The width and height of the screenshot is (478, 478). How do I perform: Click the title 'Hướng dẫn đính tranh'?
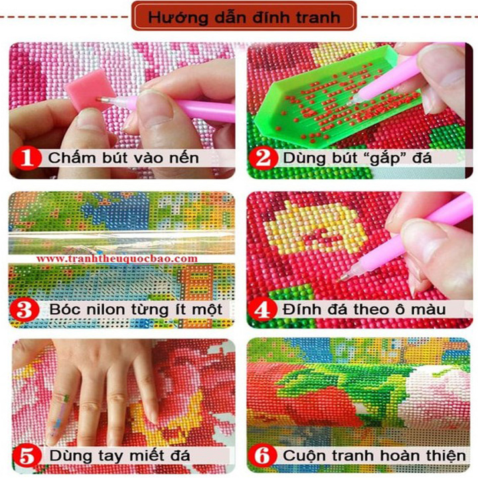(x=244, y=17)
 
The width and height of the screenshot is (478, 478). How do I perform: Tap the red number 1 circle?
(x=27, y=158)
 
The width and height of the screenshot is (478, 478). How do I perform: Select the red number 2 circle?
(x=263, y=158)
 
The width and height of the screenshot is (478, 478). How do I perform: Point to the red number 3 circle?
(x=25, y=309)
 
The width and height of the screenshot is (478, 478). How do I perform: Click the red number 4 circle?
(x=262, y=310)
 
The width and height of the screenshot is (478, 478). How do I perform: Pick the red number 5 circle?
(x=27, y=456)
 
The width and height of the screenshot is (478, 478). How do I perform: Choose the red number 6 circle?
(x=262, y=456)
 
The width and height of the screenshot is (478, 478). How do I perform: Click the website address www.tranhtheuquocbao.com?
(x=117, y=259)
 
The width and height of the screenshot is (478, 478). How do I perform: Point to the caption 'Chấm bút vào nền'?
(x=123, y=158)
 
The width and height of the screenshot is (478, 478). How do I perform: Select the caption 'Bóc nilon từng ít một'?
(x=136, y=309)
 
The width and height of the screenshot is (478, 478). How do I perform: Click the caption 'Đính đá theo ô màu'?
(x=364, y=310)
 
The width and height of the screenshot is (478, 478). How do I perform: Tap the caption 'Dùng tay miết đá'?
(x=119, y=456)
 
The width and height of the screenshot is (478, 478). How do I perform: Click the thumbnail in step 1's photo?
(x=155, y=107)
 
